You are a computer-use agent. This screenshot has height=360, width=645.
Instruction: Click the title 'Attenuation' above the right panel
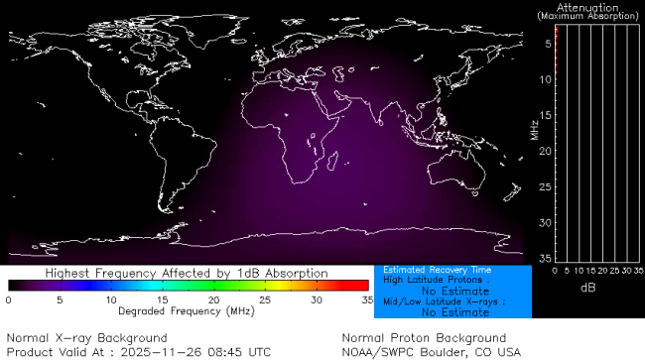(x=589, y=7)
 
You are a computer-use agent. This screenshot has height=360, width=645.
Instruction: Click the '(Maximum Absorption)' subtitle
(x=589, y=16)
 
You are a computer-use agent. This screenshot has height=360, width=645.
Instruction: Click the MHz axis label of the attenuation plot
(x=534, y=128)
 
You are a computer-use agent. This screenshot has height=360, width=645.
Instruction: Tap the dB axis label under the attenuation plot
(x=588, y=287)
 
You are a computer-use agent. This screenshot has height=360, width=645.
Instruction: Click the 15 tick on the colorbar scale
(x=163, y=299)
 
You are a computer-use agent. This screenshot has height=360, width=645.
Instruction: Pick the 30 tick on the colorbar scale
(x=317, y=299)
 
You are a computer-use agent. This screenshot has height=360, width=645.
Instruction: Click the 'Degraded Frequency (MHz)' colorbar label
(x=188, y=311)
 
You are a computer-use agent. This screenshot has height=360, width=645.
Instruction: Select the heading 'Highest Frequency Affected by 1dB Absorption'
(x=188, y=273)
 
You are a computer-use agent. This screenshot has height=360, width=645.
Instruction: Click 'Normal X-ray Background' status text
(x=87, y=338)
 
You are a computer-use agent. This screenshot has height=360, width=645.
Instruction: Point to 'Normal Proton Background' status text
(x=424, y=338)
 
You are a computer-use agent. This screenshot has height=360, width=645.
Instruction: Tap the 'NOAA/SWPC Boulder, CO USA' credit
(x=431, y=351)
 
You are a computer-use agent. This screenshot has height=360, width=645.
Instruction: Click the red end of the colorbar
(x=362, y=285)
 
